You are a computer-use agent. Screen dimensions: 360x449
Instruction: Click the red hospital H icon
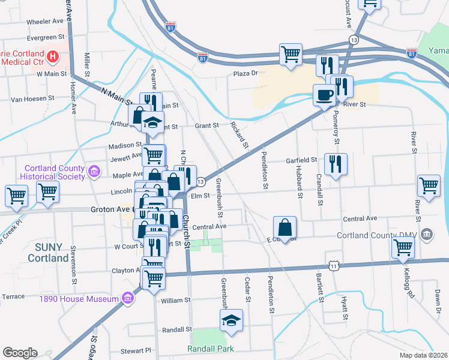(x=53, y=58)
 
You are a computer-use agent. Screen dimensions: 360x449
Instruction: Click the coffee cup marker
(x=325, y=95)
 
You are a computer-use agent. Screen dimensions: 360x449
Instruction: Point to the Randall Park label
(x=210, y=349)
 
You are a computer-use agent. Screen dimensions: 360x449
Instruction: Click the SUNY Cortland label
(x=48, y=253)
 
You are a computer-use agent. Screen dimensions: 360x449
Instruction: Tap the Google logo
(x=20, y=353)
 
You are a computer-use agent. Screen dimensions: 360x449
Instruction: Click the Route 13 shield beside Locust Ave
(x=354, y=40)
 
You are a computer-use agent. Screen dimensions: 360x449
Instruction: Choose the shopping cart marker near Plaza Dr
(x=291, y=54)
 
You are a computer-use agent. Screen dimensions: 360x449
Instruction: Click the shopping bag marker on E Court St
(x=285, y=227)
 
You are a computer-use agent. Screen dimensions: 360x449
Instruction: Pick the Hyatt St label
(x=345, y=305)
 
